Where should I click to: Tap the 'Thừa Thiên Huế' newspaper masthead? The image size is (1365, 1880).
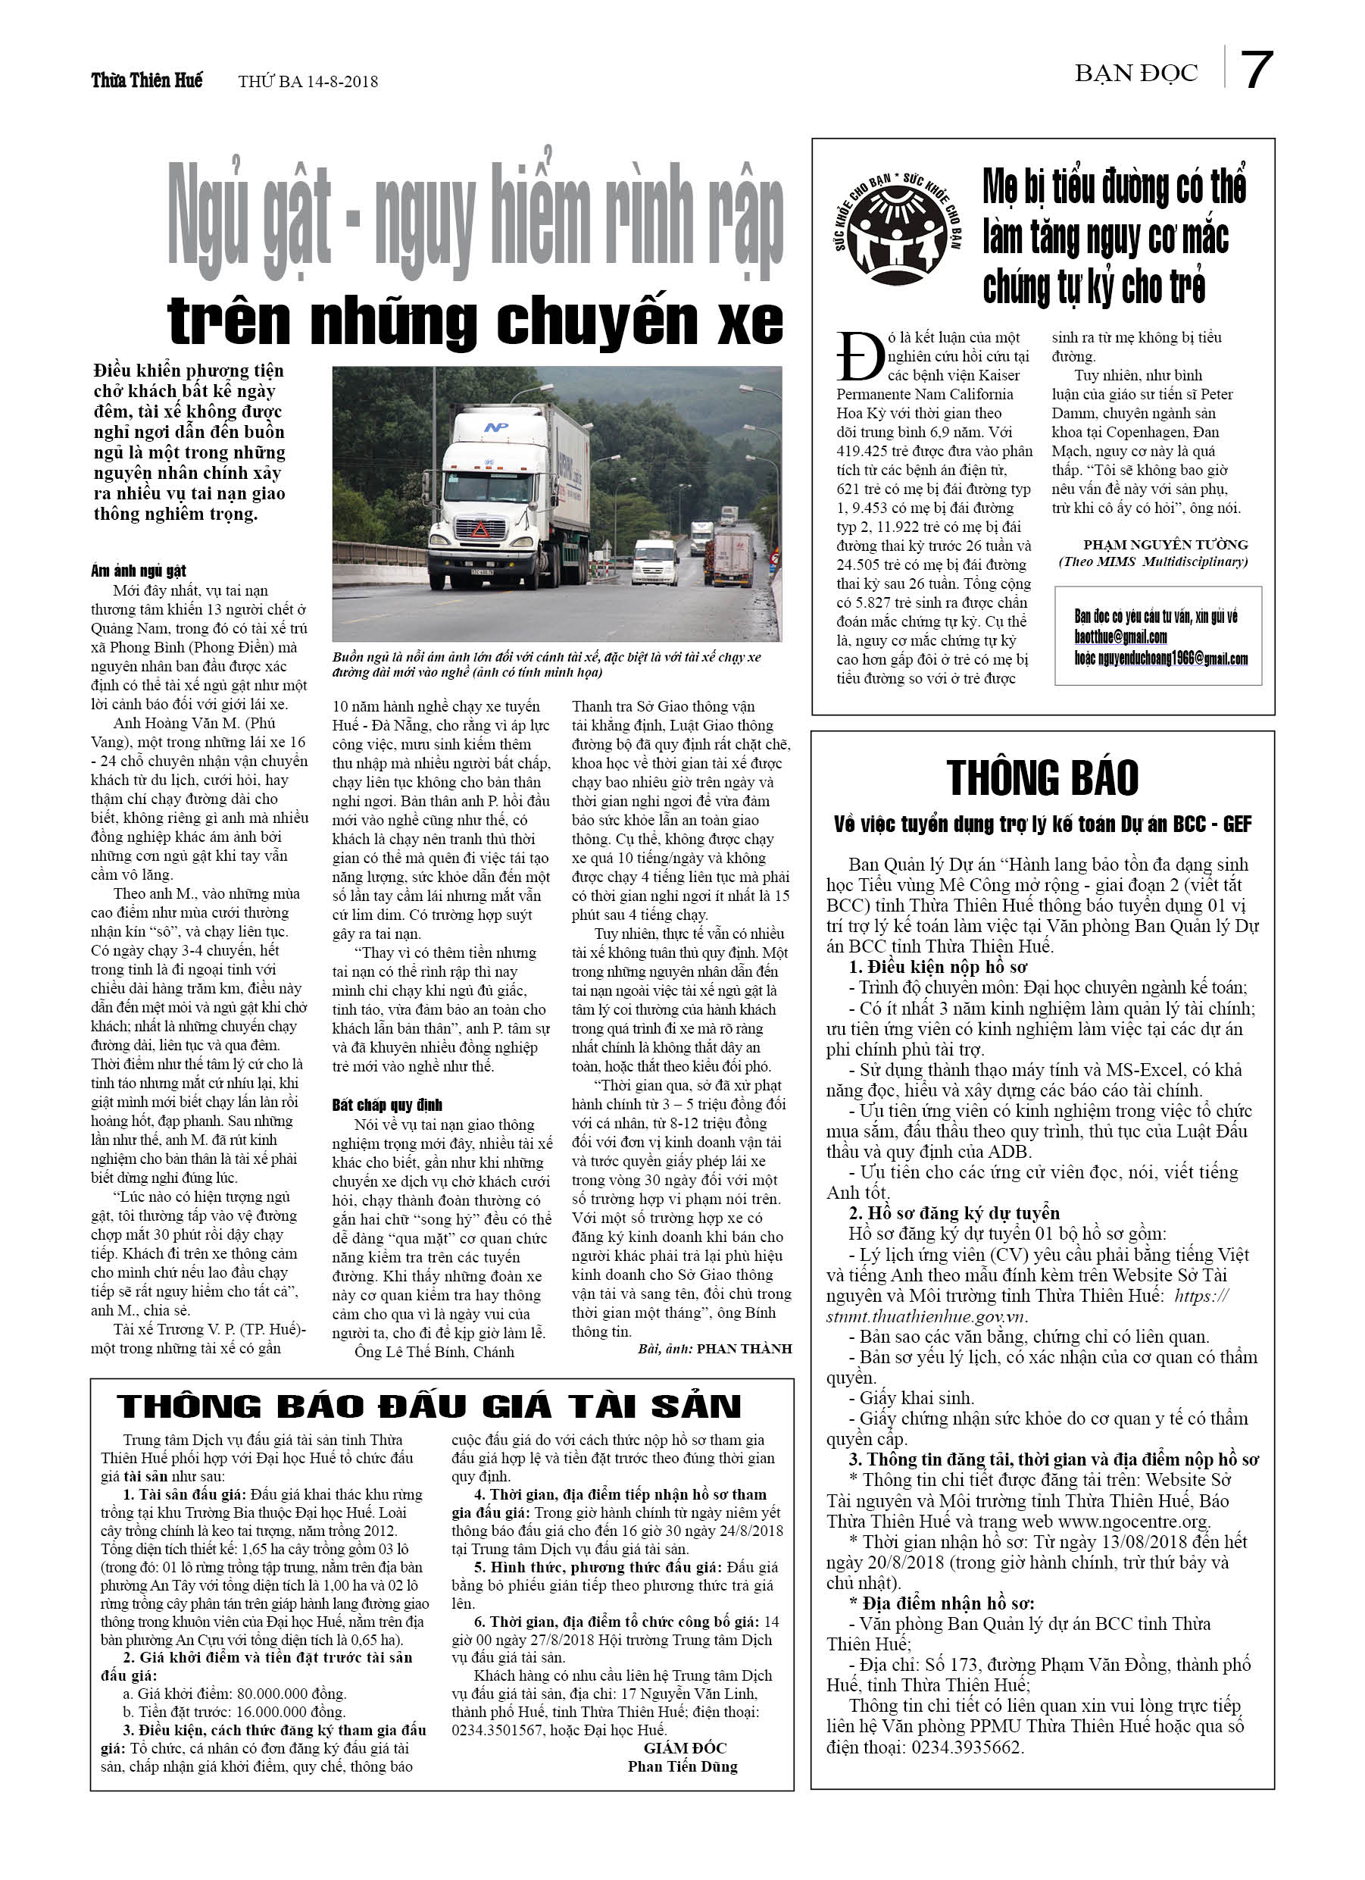coord(147,80)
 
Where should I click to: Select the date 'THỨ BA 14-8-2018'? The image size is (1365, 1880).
coord(308,81)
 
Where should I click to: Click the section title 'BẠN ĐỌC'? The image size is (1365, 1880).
coord(1135,74)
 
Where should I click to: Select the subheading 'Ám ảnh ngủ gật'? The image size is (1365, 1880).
coord(139,571)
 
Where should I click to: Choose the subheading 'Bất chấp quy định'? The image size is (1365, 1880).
coord(387,1105)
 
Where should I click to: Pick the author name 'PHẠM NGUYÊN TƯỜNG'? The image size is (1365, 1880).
coord(1165,545)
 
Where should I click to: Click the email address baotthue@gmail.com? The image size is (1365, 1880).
coord(1120,637)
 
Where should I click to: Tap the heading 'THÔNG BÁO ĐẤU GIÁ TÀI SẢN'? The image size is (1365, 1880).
coord(429,1407)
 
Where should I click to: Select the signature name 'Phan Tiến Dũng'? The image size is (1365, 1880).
coord(682,1766)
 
